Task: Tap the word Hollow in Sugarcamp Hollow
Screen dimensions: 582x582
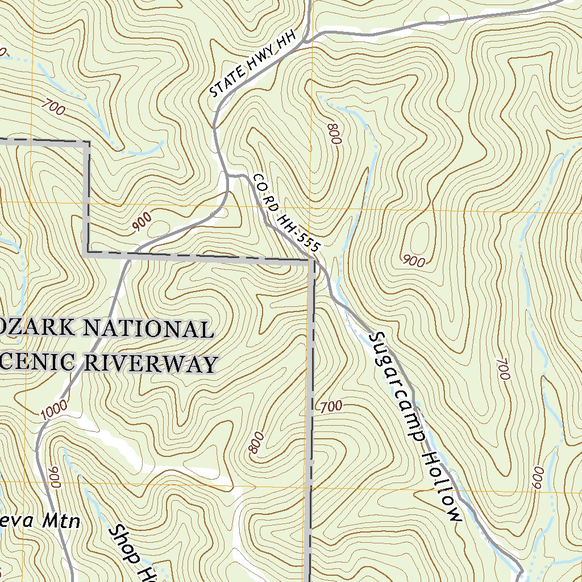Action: tap(442, 487)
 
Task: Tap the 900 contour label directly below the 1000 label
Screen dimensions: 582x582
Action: tap(55, 477)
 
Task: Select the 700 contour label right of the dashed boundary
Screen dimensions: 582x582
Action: tap(331, 406)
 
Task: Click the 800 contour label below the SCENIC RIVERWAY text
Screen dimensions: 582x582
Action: tap(257, 443)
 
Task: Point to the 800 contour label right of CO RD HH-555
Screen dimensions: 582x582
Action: tap(334, 133)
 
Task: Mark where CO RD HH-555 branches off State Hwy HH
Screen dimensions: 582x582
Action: tap(227, 176)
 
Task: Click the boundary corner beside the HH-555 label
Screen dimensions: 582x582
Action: tap(312, 261)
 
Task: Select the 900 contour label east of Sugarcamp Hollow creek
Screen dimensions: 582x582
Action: tap(413, 261)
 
